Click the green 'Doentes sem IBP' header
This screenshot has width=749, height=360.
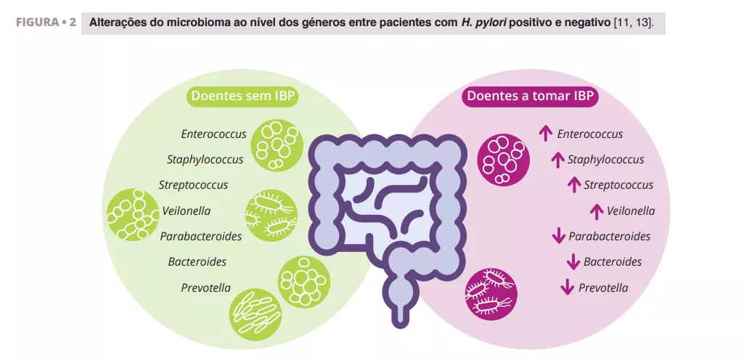click(x=245, y=97)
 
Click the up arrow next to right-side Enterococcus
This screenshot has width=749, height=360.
click(x=546, y=133)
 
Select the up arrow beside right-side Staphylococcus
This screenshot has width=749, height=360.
click(x=557, y=159)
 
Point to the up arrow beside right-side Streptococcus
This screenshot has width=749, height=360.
click(x=574, y=184)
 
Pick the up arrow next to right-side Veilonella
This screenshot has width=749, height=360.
click(x=597, y=210)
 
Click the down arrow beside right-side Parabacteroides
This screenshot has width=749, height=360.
click(x=559, y=236)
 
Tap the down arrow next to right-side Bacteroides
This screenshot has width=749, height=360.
click(x=573, y=261)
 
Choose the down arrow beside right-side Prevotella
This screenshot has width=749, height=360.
click(x=568, y=287)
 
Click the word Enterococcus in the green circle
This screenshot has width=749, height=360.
click(x=213, y=134)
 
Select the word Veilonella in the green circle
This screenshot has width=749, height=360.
click(x=187, y=210)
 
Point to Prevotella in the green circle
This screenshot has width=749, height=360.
click(x=205, y=287)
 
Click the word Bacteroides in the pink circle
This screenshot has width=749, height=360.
click(x=613, y=261)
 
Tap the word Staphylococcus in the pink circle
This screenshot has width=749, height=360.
click(x=605, y=159)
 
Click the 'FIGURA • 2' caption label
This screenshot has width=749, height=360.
click(x=46, y=22)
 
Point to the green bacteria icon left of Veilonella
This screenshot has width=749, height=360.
click(x=133, y=216)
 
